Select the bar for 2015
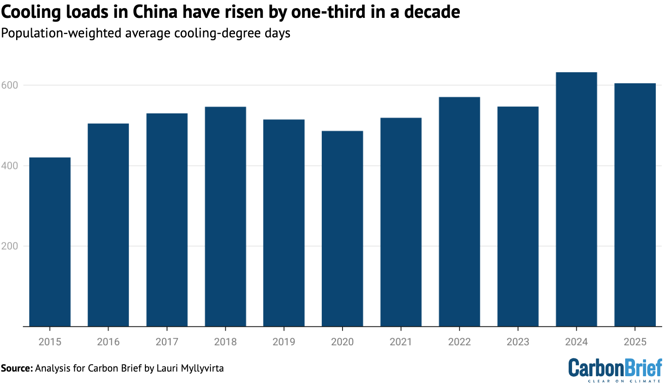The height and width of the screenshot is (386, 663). point(50,242)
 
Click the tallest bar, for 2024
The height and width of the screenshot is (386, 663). point(576,199)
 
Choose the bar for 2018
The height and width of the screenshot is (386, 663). point(225,216)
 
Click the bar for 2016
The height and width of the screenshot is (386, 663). point(108,225)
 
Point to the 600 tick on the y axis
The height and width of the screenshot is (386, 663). point(10,85)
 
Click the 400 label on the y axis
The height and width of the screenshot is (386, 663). point(10,166)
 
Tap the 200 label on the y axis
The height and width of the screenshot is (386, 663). point(10,246)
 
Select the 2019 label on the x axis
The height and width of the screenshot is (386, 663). point(284,342)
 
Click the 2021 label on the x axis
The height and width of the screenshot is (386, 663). point(401,342)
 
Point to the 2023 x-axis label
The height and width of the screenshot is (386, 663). point(518,342)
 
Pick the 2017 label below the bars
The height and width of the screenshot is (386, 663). point(167,342)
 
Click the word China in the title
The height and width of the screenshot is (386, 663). point(154,12)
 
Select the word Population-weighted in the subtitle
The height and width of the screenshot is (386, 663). point(61,33)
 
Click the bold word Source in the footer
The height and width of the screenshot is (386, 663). point(16,368)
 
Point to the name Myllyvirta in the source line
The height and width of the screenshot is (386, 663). point(202,368)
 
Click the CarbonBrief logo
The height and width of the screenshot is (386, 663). point(615,369)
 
